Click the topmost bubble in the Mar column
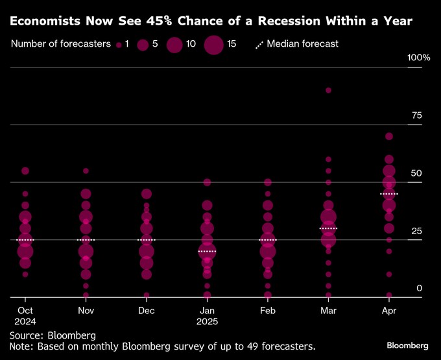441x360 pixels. click(328, 90)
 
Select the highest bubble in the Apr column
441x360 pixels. click(389, 136)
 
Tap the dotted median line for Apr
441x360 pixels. click(389, 194)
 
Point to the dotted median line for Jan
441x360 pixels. click(207, 251)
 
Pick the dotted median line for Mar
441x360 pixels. click(328, 228)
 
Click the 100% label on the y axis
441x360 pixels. click(418, 58)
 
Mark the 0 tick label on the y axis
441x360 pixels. click(420, 288)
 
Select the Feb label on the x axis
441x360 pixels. click(267, 311)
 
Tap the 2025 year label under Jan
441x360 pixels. click(207, 322)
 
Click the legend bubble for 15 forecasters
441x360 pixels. click(213, 45)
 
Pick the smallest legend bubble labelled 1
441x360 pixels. click(119, 45)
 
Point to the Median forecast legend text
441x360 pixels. click(302, 44)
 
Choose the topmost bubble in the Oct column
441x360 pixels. click(25, 171)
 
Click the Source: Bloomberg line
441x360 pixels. click(53, 335)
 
